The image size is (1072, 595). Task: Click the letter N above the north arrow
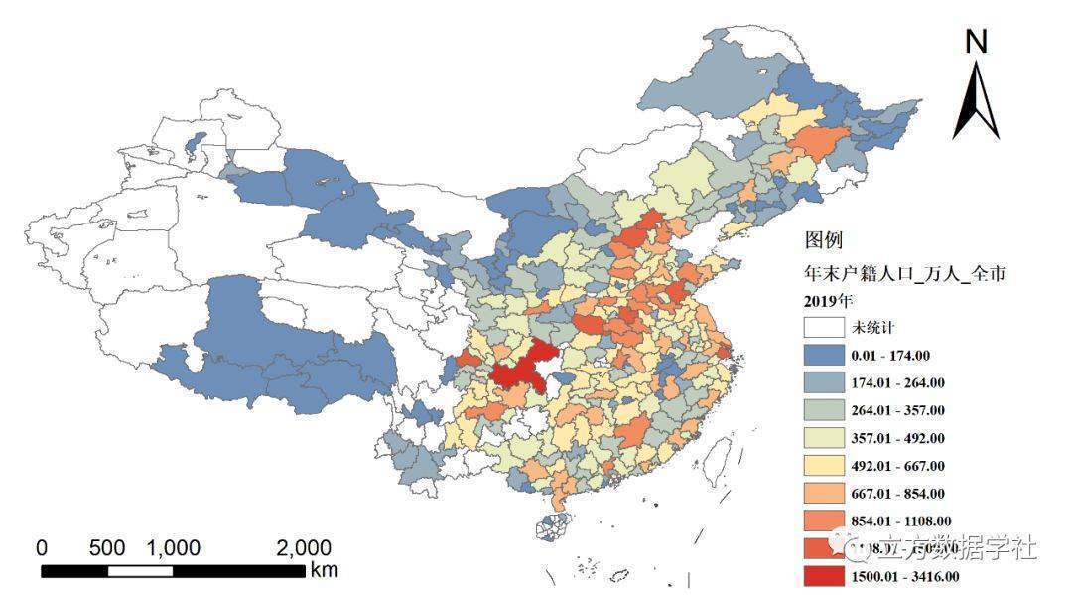click(x=977, y=41)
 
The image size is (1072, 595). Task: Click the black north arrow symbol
click(x=977, y=101)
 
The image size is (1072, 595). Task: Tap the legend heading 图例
click(x=824, y=241)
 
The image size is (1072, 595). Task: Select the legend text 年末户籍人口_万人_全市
click(x=905, y=272)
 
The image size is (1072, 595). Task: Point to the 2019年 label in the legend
click(x=828, y=299)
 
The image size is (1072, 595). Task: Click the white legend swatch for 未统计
click(x=824, y=327)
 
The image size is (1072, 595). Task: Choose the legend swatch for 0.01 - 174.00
click(x=824, y=355)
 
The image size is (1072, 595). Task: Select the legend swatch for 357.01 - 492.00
click(x=824, y=438)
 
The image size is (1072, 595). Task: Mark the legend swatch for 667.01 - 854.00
click(x=824, y=494)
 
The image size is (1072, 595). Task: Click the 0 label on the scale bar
click(x=42, y=548)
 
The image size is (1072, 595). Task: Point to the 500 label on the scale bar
click(x=106, y=548)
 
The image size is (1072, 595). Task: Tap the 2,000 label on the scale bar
click(x=303, y=548)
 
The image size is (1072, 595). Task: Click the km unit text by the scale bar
click(x=324, y=571)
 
